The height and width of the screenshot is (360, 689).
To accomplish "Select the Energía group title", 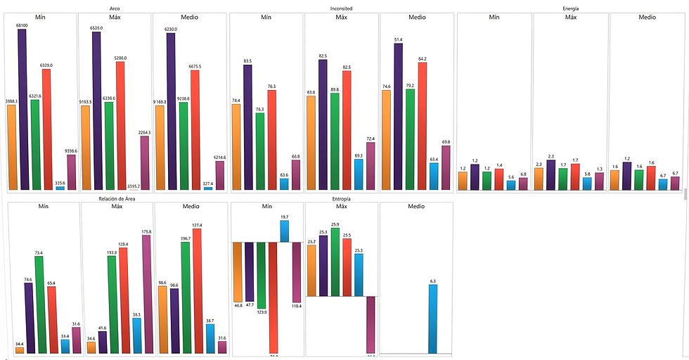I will coord(570,8).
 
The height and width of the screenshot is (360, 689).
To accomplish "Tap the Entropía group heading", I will coord(342,200).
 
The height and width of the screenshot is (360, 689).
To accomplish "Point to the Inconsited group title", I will coord(342,8).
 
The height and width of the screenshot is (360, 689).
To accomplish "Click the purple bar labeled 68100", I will coord(22,109).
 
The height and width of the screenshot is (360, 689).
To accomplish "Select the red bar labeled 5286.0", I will coord(120,125).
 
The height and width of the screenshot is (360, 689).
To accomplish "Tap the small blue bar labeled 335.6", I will coord(60,188).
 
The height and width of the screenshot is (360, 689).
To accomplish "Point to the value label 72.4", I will coord(371,139).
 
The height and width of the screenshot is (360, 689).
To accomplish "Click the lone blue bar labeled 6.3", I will coord(433,319).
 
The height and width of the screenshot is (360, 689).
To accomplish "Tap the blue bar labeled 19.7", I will coord(284,231).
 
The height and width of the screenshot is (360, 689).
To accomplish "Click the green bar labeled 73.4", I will coord(39,304).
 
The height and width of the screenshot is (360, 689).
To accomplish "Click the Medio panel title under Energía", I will coord(647,18).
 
